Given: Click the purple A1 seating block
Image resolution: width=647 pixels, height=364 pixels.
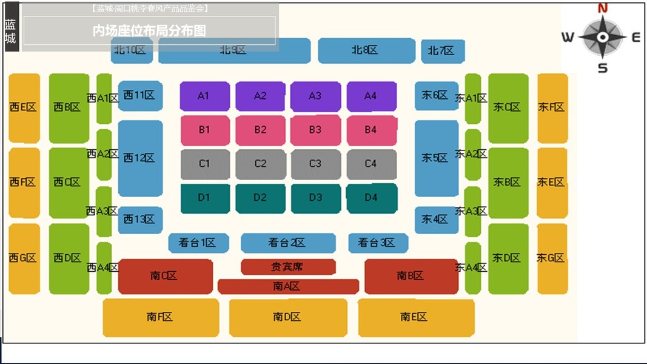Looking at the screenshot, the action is [x=204, y=96].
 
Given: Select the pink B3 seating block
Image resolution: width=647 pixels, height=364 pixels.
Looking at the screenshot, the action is [x=315, y=130].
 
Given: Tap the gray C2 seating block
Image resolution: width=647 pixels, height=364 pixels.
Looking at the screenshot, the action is [x=260, y=164].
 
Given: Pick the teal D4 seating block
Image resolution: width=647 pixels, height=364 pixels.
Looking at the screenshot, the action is [x=371, y=198].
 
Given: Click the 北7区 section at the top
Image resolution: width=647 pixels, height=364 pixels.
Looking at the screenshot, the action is [x=443, y=51].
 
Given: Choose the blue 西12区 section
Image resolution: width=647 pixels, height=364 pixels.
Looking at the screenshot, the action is [x=140, y=158].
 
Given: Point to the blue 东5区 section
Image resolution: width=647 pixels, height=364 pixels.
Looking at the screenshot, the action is [x=436, y=158].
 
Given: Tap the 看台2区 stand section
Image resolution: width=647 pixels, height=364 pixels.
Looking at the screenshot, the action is [x=287, y=243].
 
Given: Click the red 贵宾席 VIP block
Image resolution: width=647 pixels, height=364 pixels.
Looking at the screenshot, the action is [x=288, y=266].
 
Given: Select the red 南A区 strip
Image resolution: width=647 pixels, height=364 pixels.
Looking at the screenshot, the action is [x=287, y=286].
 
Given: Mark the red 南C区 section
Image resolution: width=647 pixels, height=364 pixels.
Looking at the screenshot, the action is [x=165, y=276].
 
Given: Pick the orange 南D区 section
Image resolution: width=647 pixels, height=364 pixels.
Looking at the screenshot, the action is [x=287, y=317].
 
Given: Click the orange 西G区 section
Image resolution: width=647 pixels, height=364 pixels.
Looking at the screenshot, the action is [x=24, y=258].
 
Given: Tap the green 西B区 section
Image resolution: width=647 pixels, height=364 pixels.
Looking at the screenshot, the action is [x=68, y=107].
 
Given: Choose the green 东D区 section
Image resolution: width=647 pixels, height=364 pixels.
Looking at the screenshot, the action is [x=508, y=258].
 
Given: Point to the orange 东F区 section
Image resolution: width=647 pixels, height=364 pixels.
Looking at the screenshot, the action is [x=552, y=107].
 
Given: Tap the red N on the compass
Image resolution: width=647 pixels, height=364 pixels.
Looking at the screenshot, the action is [x=603, y=8].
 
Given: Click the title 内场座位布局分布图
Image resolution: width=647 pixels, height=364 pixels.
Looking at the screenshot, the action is [x=149, y=31].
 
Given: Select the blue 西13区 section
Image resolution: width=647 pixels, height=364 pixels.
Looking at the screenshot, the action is [x=140, y=220].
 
